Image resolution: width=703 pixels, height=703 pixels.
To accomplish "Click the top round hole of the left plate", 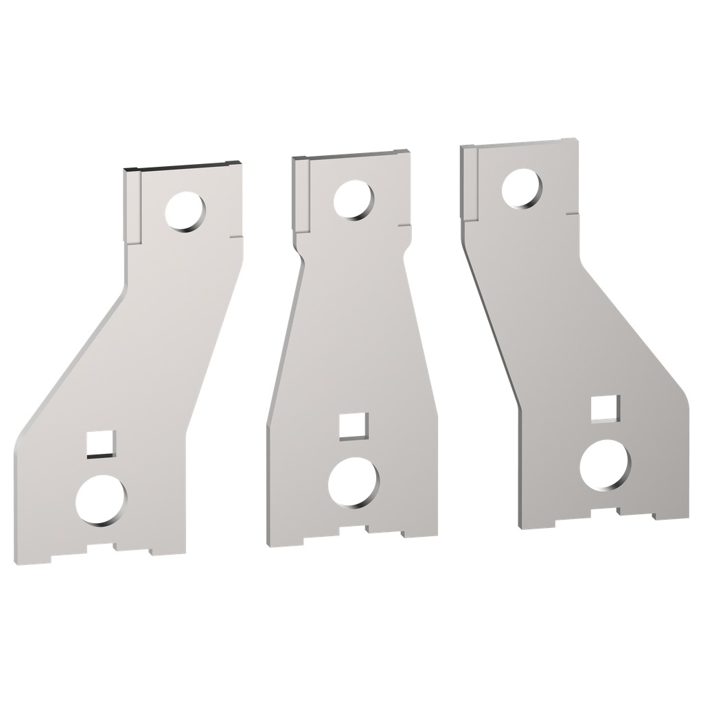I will [185, 211].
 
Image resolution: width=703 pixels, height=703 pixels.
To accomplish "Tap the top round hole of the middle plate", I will [354, 199].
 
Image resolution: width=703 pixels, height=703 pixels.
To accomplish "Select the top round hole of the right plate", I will [522, 188].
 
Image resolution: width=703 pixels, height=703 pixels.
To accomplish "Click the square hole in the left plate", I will [101, 443].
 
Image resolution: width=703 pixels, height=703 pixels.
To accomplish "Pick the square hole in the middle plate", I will [354, 426].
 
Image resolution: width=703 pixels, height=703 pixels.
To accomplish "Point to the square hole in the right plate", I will [605, 408].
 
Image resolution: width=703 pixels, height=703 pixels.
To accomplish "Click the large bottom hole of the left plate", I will [102, 500].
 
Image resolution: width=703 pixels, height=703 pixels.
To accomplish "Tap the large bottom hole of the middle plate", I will [352, 482].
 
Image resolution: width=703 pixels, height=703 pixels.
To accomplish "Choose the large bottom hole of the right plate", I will [605, 466].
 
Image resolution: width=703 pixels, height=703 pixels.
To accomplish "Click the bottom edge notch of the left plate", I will [101, 549].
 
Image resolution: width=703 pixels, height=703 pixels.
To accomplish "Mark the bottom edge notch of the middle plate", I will [353, 530].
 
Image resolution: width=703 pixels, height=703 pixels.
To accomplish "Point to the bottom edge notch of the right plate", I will [604, 511].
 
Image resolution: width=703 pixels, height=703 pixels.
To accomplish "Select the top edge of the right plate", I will [519, 143].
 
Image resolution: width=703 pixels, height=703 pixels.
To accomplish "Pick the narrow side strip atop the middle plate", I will [301, 194].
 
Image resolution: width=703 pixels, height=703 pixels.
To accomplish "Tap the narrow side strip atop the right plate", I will [469, 183].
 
